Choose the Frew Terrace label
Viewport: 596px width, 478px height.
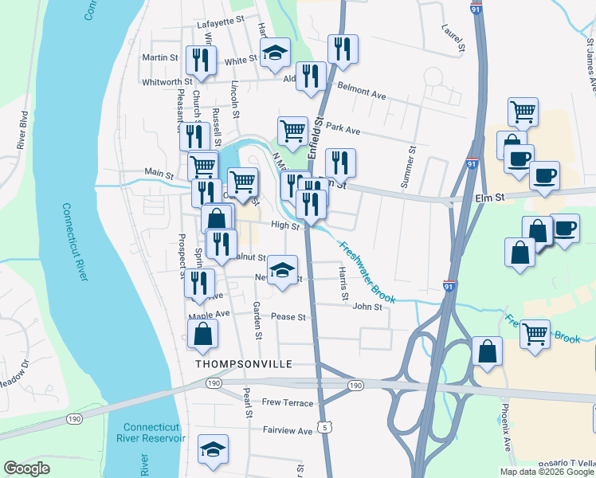point(288,403)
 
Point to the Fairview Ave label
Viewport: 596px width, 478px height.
point(288,431)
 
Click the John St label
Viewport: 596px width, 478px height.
point(368,306)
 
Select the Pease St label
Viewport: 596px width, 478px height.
point(288,317)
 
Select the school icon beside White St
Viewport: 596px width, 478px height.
point(276,53)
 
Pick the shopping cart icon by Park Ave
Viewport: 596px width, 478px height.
point(292,131)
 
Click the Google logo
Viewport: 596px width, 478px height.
point(27,468)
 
